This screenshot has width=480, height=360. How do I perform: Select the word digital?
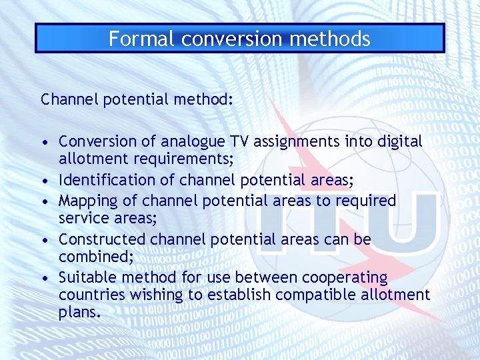(398, 142)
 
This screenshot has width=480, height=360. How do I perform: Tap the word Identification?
(101, 180)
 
